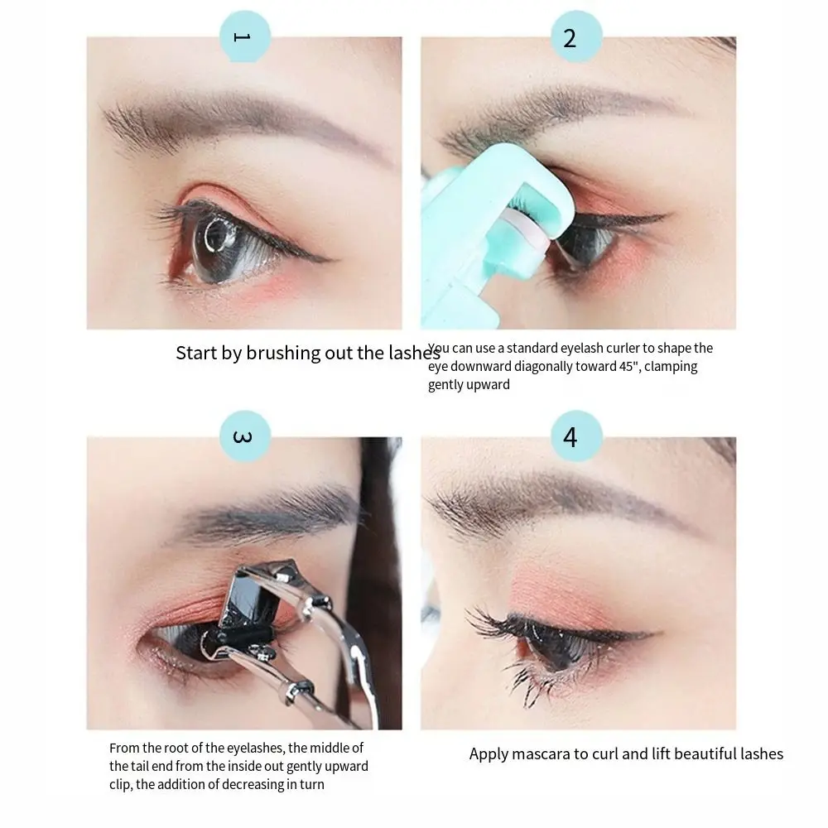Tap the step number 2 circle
pyautogui.click(x=570, y=36)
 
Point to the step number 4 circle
pyautogui.click(x=570, y=436)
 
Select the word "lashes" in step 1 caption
pyautogui.click(x=413, y=354)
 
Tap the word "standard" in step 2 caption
pyautogui.click(x=537, y=349)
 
